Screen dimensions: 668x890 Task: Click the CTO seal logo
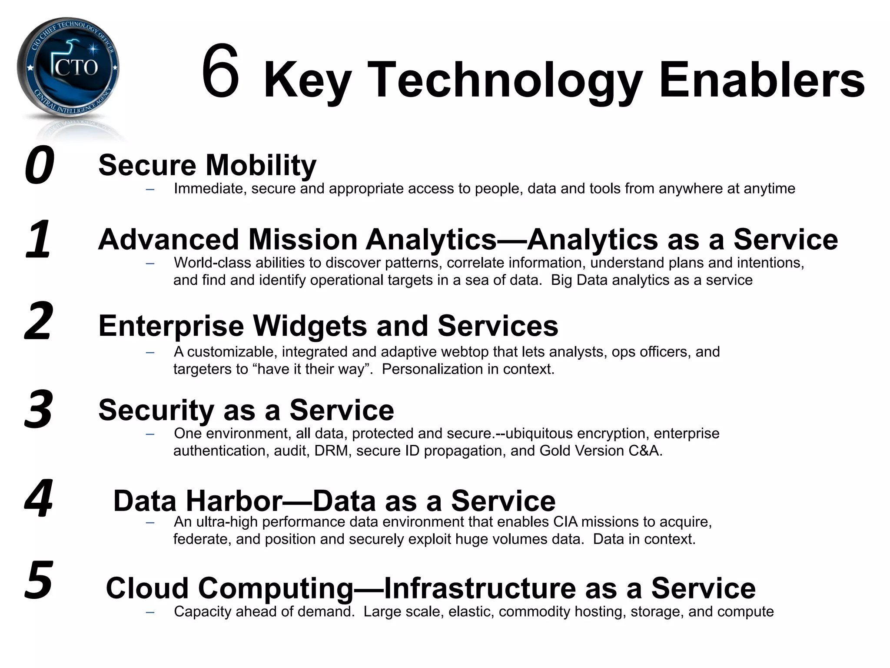[x=68, y=68]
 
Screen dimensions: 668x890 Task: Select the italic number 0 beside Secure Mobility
[x=39, y=165]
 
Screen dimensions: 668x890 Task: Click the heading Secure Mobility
[x=207, y=165]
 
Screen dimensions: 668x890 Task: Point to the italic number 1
[x=38, y=239]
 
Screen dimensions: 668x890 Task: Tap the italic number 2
[x=39, y=321]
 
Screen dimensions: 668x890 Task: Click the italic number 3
[x=39, y=409]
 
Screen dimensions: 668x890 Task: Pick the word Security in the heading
[x=156, y=410]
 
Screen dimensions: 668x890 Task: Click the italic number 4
[x=39, y=498]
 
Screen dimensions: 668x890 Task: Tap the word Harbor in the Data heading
[x=234, y=501]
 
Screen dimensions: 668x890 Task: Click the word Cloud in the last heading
[x=147, y=588]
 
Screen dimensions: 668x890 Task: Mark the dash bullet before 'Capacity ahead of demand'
[x=150, y=612]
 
